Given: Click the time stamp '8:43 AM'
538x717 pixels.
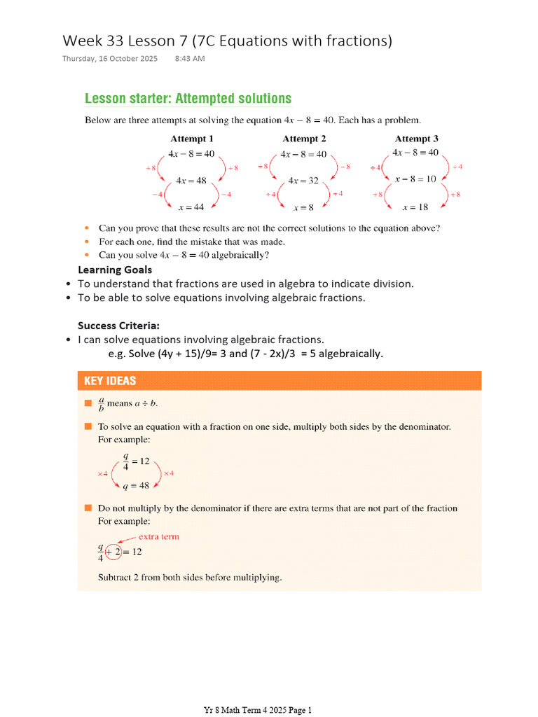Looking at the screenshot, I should click(189, 59).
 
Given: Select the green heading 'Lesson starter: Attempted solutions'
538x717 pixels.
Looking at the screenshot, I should click(188, 99).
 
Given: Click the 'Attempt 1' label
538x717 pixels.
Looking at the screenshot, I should click(192, 139).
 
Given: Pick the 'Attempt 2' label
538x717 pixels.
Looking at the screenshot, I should click(304, 139).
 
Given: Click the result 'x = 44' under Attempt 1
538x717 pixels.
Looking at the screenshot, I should click(192, 207).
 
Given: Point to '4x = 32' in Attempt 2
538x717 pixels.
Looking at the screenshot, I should click(303, 181).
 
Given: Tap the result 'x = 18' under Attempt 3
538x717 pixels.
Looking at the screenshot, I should click(415, 207).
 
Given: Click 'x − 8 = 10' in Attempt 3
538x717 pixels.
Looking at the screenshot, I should click(415, 179).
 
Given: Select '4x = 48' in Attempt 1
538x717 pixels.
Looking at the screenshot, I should click(191, 181).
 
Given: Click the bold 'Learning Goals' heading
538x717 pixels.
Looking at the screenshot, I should click(115, 270).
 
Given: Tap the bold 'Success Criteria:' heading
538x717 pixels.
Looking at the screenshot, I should click(118, 326).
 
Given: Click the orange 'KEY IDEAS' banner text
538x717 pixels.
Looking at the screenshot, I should click(110, 381).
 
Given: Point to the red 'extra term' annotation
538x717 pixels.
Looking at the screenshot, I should click(158, 537).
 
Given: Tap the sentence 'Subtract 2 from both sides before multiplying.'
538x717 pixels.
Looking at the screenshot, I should click(189, 578).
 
